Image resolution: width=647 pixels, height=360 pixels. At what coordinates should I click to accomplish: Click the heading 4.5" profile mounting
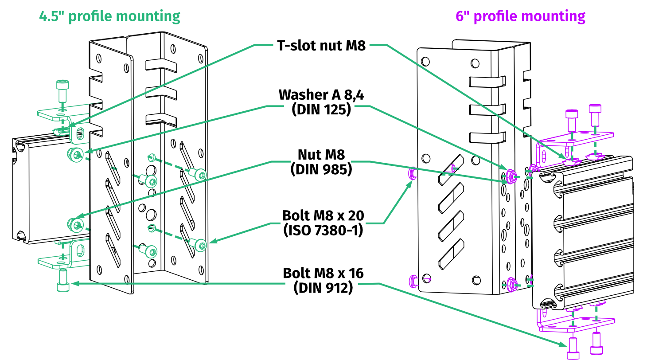pos(110,16)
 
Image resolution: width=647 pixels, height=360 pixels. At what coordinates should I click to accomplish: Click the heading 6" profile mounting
pos(521,16)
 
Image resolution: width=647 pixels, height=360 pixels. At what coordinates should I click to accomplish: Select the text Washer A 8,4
pos(321,95)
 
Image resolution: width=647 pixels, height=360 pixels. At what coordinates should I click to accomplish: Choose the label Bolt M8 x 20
pos(323,215)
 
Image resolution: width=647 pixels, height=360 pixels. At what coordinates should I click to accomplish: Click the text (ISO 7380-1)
pos(323,230)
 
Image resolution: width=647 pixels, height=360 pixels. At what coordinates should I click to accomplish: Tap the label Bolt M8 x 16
pos(323,273)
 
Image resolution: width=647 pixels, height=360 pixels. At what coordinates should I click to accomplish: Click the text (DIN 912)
pos(323,287)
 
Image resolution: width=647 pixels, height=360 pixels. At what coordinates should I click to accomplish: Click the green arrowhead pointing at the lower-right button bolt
pos(212,242)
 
